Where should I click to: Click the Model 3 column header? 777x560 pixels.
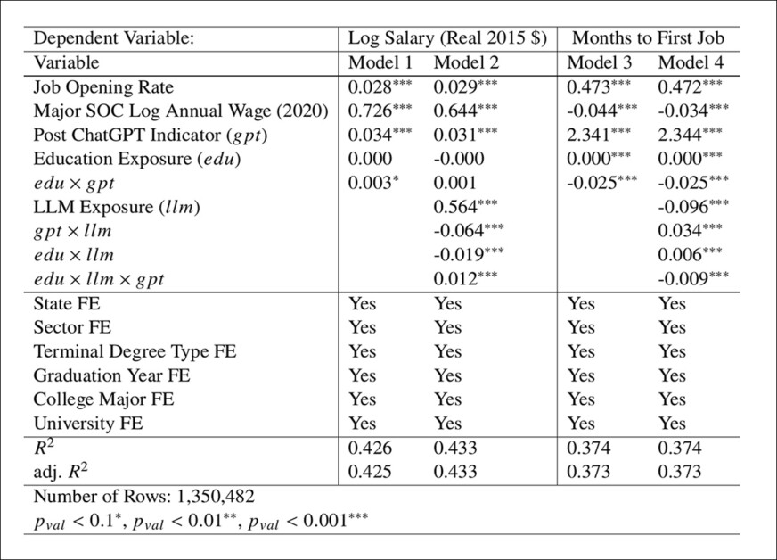[598, 63]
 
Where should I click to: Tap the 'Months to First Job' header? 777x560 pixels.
[648, 38]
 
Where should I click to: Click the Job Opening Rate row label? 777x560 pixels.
[103, 87]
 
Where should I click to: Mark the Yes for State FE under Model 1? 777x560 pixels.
[363, 303]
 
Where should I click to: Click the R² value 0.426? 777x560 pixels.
[369, 448]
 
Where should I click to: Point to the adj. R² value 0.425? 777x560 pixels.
[369, 472]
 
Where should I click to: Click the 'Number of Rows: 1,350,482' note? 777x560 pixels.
[143, 496]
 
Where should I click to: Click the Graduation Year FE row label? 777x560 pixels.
[111, 375]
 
